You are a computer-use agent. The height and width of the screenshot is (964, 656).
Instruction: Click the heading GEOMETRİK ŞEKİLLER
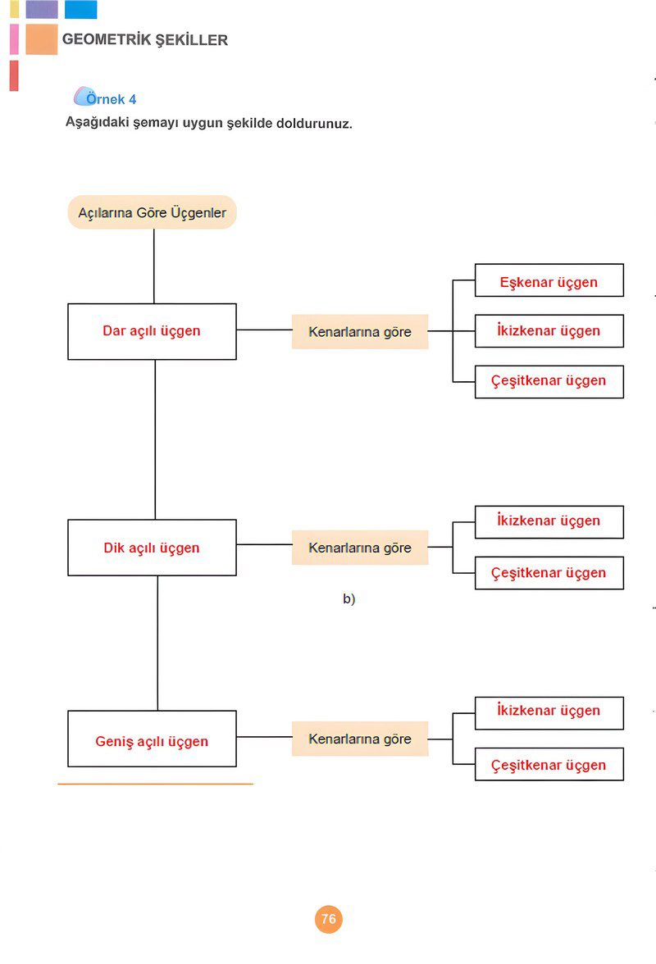coord(145,40)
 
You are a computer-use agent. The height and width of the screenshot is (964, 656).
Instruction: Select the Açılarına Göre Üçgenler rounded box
coord(152,212)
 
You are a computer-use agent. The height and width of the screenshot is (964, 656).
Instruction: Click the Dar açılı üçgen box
coord(152,331)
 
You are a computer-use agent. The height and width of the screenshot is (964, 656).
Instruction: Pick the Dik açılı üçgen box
coord(152,548)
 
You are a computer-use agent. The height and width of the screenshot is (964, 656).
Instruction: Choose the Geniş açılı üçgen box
coord(152,739)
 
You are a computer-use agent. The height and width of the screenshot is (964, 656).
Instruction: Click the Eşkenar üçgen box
coord(549,280)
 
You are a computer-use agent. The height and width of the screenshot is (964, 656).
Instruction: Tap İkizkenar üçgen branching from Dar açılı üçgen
coord(549,331)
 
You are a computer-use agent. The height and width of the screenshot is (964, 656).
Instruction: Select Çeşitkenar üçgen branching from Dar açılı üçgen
coord(549,382)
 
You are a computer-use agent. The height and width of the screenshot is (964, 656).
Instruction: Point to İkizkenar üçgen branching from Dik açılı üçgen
coord(549,522)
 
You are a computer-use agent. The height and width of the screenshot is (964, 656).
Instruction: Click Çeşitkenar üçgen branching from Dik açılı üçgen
coord(549,573)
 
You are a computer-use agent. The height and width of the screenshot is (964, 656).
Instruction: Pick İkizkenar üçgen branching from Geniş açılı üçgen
coord(549,713)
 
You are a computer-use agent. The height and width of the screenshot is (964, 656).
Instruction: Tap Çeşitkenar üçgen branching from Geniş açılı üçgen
coord(549,764)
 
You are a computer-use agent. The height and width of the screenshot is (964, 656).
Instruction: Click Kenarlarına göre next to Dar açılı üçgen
coord(360,332)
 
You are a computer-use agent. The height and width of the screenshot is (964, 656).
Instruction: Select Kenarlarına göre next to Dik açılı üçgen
coord(360,548)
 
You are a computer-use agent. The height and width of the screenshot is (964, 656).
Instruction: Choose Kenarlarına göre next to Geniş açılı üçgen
coord(360,739)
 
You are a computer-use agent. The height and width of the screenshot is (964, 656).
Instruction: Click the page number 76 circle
coord(328,919)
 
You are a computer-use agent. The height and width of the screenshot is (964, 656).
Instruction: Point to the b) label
coord(348,598)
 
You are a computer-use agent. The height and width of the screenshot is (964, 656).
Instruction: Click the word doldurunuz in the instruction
coord(314,123)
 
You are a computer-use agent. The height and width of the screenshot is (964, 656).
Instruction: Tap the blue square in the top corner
coord(80,9)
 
